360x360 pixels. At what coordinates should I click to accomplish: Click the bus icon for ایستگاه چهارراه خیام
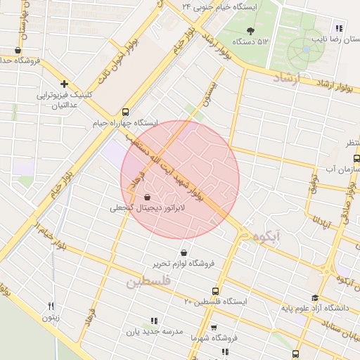click(125, 112)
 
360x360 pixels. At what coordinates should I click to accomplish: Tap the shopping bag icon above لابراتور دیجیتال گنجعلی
click(147, 198)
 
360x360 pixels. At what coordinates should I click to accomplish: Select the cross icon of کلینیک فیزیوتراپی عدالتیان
click(64, 84)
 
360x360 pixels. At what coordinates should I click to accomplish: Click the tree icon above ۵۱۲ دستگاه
click(251, 30)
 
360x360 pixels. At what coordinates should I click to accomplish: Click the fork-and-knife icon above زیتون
click(51, 306)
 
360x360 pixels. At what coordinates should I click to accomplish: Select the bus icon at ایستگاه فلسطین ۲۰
click(215, 291)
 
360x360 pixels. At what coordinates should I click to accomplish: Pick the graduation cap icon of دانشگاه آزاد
click(315, 298)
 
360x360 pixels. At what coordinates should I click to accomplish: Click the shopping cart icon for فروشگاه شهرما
click(214, 328)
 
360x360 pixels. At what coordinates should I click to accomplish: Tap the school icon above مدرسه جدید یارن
click(154, 321)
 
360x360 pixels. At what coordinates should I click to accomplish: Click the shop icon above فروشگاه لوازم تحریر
click(184, 252)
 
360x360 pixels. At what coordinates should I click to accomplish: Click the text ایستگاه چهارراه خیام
click(125, 123)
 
